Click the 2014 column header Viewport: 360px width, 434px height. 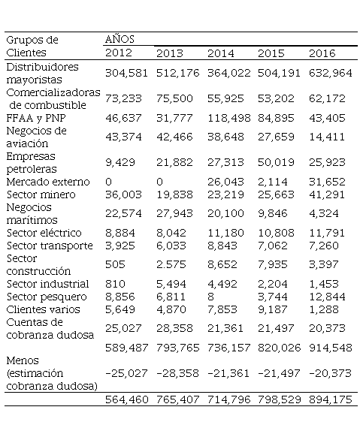(221, 53)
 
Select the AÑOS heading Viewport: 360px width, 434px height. (119, 39)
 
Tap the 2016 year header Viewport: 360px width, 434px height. (322, 53)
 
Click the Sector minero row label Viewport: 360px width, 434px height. (41, 194)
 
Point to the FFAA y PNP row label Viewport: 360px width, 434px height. (36, 118)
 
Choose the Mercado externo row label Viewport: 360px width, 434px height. (48, 182)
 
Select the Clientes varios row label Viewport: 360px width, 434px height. (44, 309)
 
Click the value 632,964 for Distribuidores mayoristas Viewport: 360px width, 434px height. (331, 73)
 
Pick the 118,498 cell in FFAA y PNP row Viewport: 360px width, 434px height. (229, 118)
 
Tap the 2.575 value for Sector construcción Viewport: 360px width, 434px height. (171, 264)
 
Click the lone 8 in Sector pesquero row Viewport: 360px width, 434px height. (210, 297)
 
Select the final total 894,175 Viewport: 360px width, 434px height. (331, 399)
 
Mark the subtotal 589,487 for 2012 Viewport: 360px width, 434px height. (127, 348)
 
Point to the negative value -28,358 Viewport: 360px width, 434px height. (177, 373)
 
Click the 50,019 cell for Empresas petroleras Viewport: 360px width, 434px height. (276, 162)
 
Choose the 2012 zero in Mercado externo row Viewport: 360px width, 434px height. (109, 182)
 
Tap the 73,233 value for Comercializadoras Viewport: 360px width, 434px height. (123, 98)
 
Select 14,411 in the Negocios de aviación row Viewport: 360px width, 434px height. (327, 137)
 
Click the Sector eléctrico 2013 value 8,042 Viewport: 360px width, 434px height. (171, 233)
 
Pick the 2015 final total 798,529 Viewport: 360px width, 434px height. (280, 399)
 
